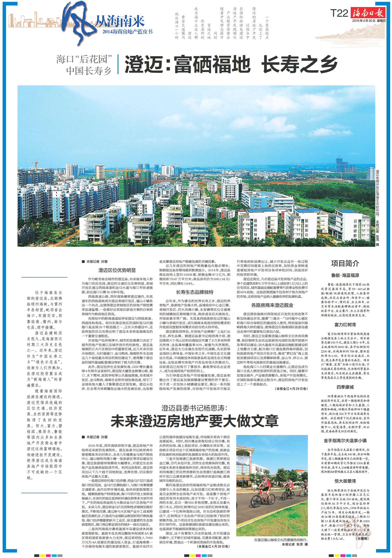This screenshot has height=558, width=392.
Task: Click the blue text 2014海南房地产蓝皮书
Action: point(128,32)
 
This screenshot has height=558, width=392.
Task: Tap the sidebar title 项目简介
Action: point(345,263)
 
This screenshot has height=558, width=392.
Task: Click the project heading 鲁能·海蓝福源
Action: point(345,275)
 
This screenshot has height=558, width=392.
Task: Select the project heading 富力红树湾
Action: point(345,325)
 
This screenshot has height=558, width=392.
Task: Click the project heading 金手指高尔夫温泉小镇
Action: point(345,440)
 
